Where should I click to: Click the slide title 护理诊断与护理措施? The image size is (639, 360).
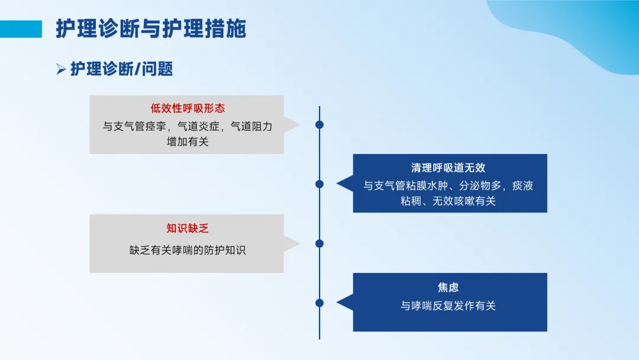pos(151,28)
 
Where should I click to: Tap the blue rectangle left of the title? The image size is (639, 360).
pos(21,29)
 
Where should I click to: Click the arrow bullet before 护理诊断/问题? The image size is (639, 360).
pos(61,69)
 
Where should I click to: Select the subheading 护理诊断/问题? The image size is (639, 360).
pos(121,69)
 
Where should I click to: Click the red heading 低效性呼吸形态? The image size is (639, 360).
pos(188,108)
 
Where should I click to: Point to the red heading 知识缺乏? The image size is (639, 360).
pos(188,228)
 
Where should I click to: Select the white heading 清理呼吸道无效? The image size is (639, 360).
pos(448,168)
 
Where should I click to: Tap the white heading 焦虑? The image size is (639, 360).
pos(448,287)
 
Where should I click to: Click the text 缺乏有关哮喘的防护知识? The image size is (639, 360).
pos(188,250)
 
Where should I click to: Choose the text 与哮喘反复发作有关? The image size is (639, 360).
pos(448,306)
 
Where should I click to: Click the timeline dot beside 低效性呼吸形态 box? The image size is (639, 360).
pos(319,125)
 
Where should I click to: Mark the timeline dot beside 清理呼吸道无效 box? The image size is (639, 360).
pos(319,184)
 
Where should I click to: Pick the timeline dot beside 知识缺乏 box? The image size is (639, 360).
pos(319,243)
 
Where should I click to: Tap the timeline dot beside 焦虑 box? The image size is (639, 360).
pos(319,303)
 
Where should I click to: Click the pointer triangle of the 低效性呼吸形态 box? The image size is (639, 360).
pos(291,125)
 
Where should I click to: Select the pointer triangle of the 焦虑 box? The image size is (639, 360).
pos(346,303)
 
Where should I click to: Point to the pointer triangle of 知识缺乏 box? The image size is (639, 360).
pos(291,244)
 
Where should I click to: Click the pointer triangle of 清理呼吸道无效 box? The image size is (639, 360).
pos(346,184)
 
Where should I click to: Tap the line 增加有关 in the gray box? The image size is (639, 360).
pos(188,142)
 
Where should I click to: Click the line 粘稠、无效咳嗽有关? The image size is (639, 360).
pos(448,201)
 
